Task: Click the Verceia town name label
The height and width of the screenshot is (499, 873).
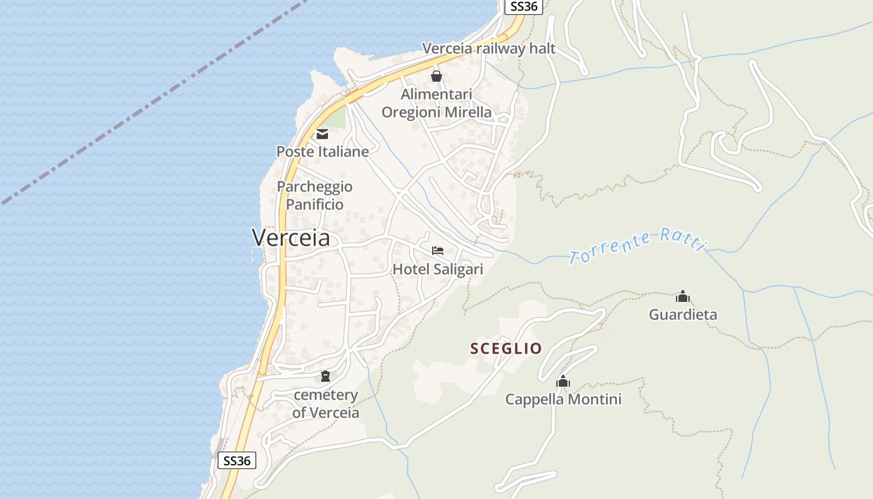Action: [291, 238]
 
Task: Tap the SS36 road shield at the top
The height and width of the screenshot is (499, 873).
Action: [524, 6]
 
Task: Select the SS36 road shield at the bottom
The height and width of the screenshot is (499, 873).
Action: [237, 461]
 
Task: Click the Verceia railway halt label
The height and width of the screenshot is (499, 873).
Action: [489, 49]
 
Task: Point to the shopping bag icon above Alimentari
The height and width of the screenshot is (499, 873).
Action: [436, 76]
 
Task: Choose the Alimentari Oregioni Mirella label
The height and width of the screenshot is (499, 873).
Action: [436, 104]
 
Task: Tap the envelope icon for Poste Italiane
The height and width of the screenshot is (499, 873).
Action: [322, 133]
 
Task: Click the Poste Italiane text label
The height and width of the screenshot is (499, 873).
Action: [322, 152]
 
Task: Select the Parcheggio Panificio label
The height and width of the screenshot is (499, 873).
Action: [315, 195]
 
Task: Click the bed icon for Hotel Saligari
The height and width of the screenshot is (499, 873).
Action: [438, 251]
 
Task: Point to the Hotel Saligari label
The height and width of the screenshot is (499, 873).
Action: [438, 269]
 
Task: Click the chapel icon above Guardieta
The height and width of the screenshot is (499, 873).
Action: [683, 296]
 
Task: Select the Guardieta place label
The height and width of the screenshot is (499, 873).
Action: [683, 314]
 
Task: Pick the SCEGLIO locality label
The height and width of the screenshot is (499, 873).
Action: [506, 349]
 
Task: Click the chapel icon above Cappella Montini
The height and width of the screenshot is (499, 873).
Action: [563, 381]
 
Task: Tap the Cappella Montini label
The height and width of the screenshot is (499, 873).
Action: [563, 399]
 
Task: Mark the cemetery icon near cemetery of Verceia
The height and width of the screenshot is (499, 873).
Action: [326, 375]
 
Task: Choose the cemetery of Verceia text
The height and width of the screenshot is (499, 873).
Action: [326, 404]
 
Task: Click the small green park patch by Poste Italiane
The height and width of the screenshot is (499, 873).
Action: [337, 118]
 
